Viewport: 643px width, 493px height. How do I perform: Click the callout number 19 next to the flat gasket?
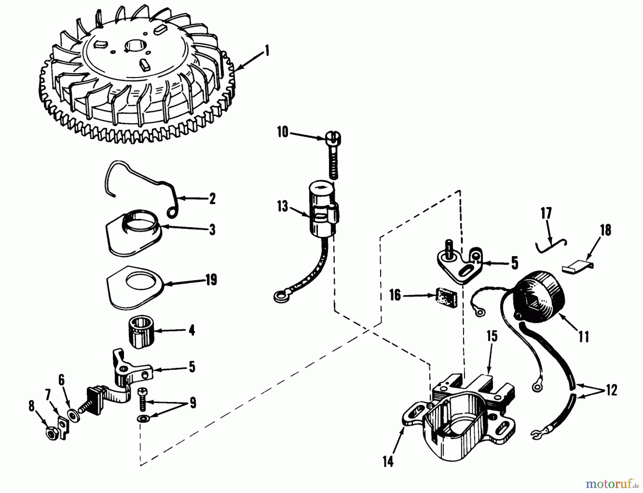point(211,280)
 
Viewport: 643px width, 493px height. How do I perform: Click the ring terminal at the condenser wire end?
point(279,296)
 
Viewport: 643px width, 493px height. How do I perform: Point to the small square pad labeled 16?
point(445,296)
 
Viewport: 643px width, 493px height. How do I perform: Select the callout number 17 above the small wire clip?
point(546,213)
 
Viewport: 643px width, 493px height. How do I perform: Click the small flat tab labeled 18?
point(578,268)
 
